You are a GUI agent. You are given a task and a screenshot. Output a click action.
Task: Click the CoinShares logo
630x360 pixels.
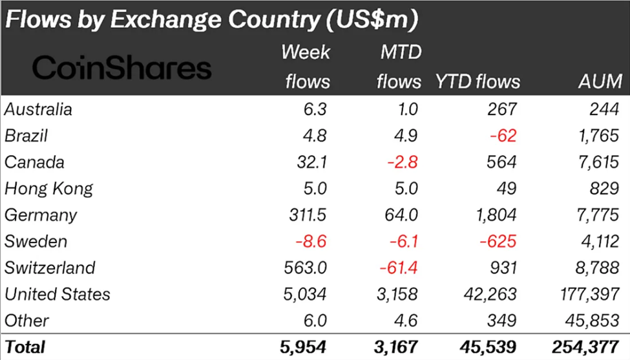122,67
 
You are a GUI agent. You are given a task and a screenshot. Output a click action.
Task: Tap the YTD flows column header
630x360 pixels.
477,82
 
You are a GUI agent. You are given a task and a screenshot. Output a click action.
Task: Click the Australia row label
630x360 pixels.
38,110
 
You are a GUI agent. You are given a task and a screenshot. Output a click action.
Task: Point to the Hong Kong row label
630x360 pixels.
48,189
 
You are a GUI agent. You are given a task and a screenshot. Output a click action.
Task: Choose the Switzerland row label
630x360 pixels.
50,268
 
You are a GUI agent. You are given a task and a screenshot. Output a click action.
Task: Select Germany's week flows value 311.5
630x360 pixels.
307,215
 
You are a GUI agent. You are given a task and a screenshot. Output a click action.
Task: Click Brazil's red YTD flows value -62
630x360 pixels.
505,136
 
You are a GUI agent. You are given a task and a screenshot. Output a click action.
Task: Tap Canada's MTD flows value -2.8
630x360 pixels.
405,162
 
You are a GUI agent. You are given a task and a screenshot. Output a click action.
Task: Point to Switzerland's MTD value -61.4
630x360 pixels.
401,268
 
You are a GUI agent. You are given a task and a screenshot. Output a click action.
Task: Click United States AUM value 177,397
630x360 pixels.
587,294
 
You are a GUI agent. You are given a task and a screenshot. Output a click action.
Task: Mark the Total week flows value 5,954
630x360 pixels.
305,346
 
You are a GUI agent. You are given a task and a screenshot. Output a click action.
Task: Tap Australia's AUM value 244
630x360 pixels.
605,110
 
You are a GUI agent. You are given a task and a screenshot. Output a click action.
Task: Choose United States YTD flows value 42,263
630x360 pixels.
490,294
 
